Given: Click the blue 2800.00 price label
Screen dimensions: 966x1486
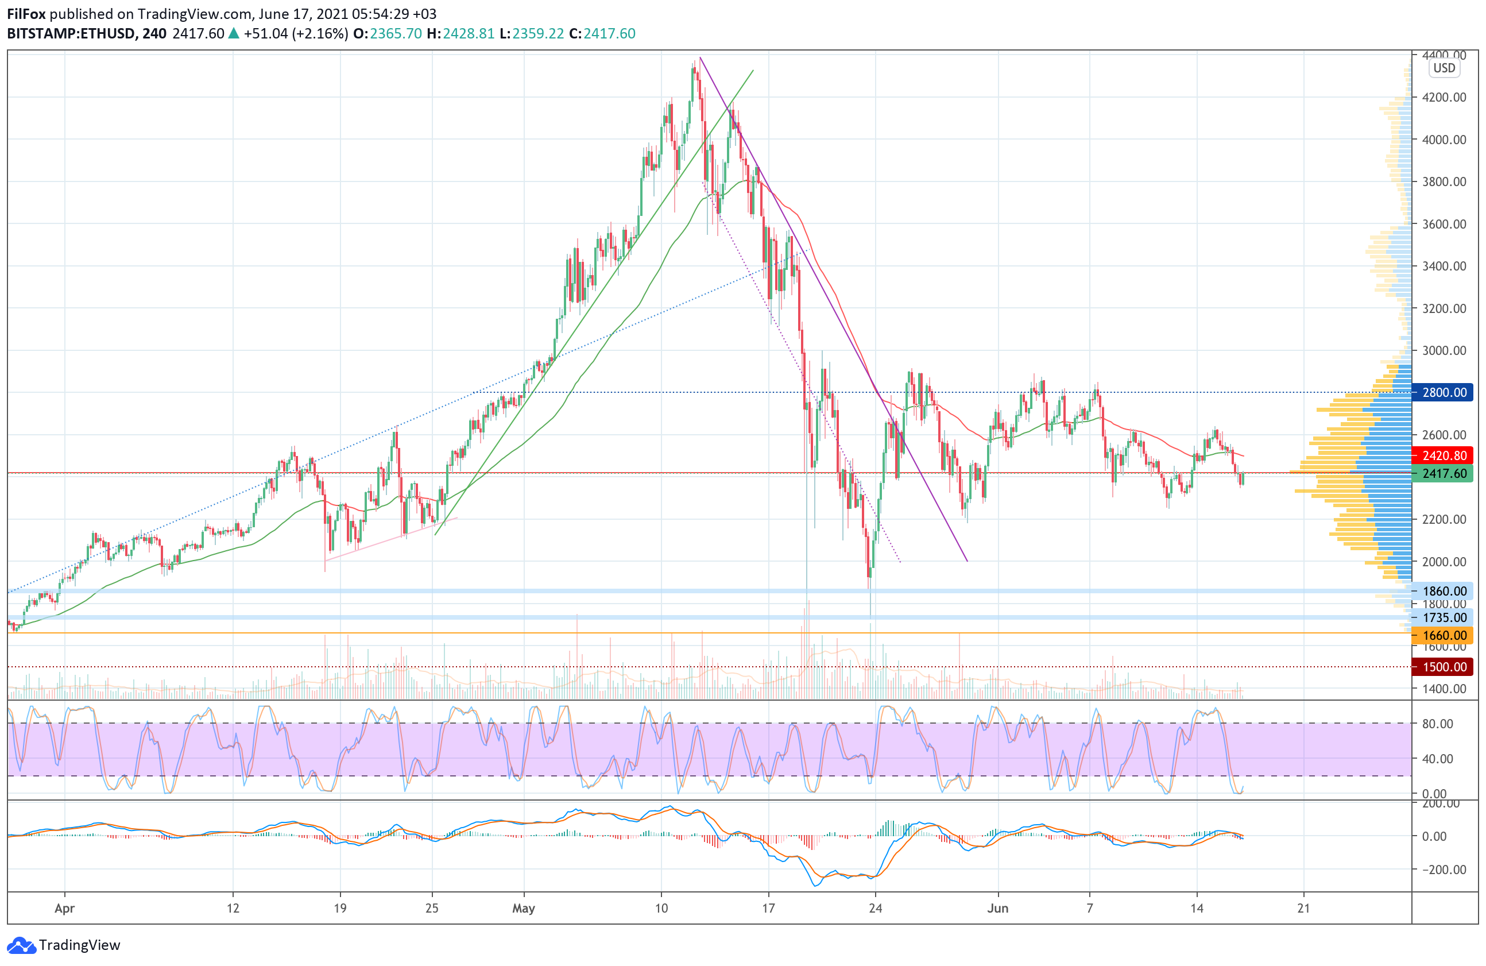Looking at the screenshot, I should point(1444,393).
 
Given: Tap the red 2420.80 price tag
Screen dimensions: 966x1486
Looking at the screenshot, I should point(1444,456).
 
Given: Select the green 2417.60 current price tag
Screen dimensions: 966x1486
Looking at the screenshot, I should point(1444,473).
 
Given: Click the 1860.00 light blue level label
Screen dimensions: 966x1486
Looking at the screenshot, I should point(1444,591).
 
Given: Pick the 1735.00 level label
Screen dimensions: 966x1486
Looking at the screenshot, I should point(1444,617).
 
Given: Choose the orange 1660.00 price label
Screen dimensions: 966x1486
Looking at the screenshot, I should point(1444,636).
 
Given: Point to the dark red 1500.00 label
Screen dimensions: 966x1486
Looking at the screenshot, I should point(1444,667).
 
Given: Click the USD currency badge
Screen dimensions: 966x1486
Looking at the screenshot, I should point(1444,68).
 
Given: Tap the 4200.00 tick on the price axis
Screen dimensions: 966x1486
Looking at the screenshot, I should point(1444,98).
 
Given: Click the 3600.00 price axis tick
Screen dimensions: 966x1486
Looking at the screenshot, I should point(1444,224).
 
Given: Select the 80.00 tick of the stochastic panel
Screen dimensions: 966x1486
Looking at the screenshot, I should point(1437,724).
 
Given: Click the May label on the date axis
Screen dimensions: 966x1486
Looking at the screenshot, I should point(523,909).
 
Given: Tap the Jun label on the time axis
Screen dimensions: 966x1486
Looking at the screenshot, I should point(997,909).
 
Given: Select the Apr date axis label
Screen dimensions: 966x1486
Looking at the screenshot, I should point(64,909).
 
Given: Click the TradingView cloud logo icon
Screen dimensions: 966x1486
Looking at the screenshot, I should point(21,945).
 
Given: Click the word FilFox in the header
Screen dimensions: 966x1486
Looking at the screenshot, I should point(26,14).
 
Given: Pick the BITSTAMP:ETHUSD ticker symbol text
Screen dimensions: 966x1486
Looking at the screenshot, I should point(71,34).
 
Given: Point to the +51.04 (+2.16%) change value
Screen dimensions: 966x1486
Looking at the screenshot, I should point(295,34).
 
